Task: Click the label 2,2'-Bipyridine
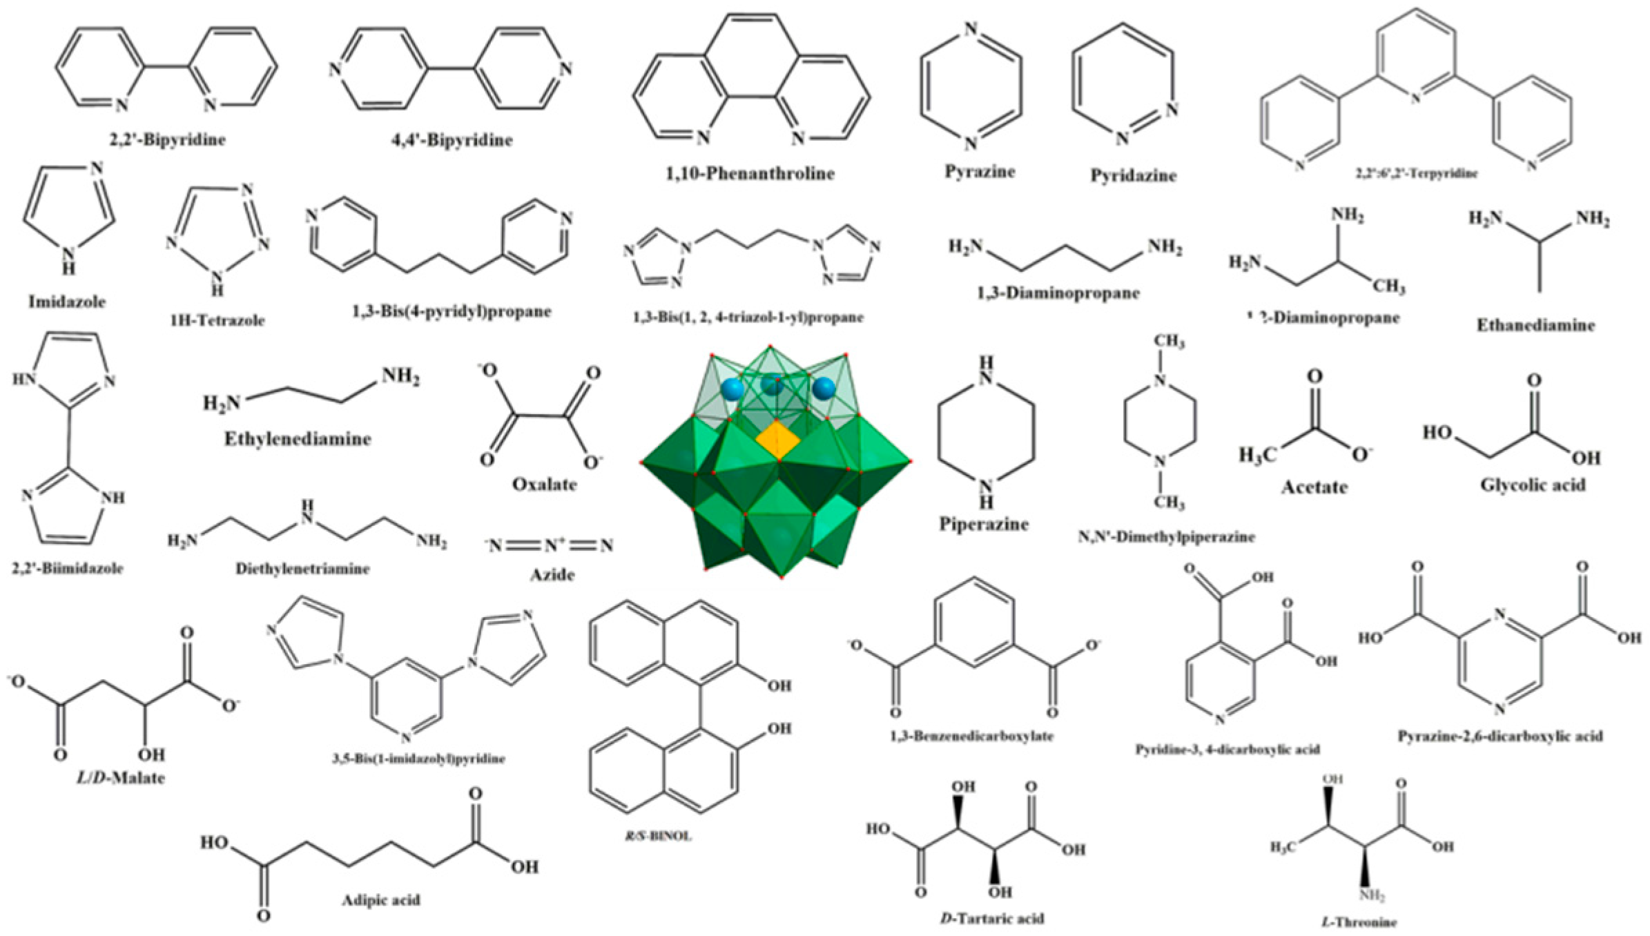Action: click(167, 139)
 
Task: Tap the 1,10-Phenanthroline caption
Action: click(750, 173)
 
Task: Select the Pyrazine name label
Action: click(980, 172)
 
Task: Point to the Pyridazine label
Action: click(1133, 175)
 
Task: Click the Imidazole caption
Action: click(67, 302)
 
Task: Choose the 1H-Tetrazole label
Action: click(217, 320)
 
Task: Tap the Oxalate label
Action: click(544, 485)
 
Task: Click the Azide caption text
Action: click(552, 575)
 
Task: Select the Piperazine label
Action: click(984, 525)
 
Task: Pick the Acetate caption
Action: click(1314, 487)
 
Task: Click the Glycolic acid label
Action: click(1532, 485)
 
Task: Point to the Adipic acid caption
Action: click(380, 900)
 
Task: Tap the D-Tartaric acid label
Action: click(992, 919)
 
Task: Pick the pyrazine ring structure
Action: click(971, 86)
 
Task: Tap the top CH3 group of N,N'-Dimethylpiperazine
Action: click(1168, 342)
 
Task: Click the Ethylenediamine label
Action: click(298, 439)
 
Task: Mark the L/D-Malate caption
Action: click(120, 778)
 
